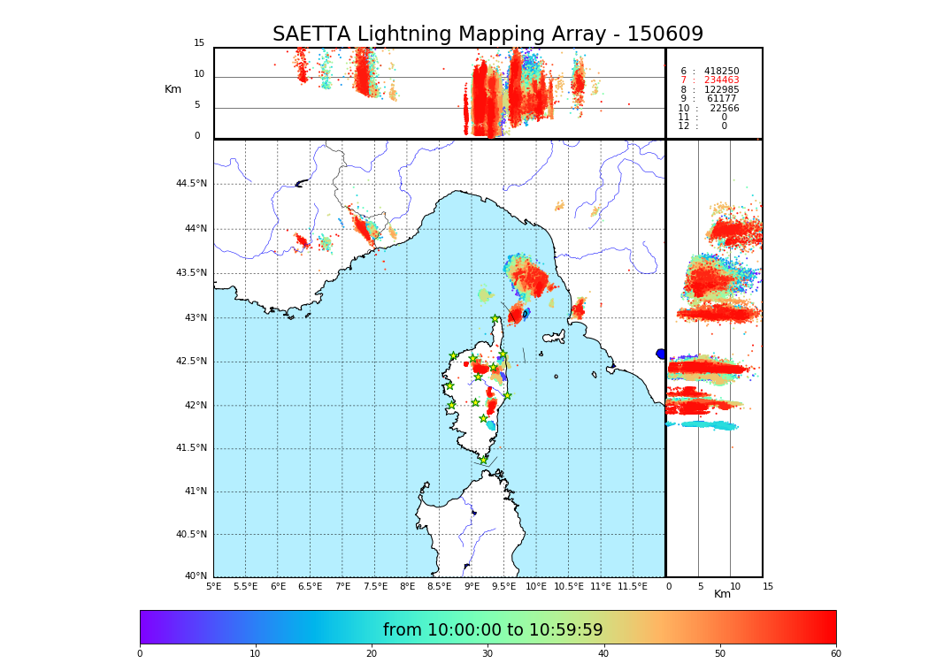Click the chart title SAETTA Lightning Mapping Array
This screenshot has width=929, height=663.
pyautogui.click(x=488, y=34)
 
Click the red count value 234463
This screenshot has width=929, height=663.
pyautogui.click(x=721, y=80)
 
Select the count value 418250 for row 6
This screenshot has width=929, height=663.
pyautogui.click(x=721, y=72)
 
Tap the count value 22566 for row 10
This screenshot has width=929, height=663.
pyautogui.click(x=724, y=109)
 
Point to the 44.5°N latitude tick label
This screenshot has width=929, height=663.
pyautogui.click(x=191, y=184)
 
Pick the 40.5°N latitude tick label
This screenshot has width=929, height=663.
pyautogui.click(x=191, y=535)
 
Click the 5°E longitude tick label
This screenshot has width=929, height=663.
pyautogui.click(x=214, y=586)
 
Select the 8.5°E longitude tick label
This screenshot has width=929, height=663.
pyautogui.click(x=439, y=586)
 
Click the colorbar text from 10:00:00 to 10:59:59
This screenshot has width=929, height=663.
pyautogui.click(x=493, y=630)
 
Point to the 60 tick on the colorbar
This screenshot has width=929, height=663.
pyautogui.click(x=835, y=653)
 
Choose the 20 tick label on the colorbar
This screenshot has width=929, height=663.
pyautogui.click(x=372, y=653)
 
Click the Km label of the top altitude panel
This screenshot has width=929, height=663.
pyautogui.click(x=173, y=89)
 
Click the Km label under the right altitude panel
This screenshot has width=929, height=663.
pyautogui.click(x=723, y=594)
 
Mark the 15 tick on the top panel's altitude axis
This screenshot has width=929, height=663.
pyautogui.click(x=199, y=43)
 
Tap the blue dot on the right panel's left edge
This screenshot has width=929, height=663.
pyautogui.click(x=661, y=354)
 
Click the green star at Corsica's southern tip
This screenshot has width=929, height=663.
pyautogui.click(x=483, y=460)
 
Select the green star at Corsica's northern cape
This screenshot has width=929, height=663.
pyautogui.click(x=495, y=318)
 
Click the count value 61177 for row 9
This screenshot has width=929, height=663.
pyautogui.click(x=721, y=99)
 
